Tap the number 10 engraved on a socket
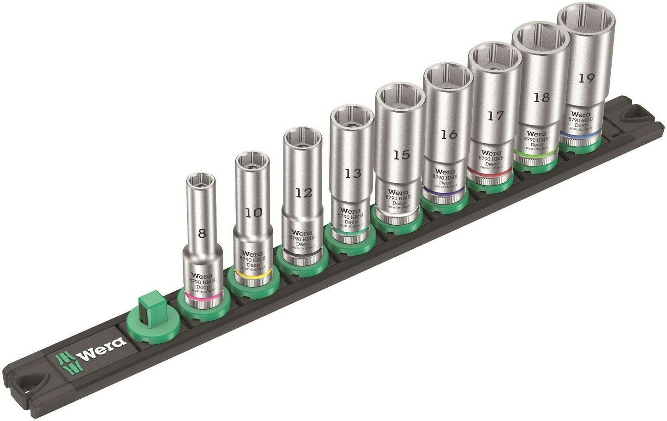pyautogui.click(x=253, y=213)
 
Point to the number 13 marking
pyautogui.click(x=353, y=174)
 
